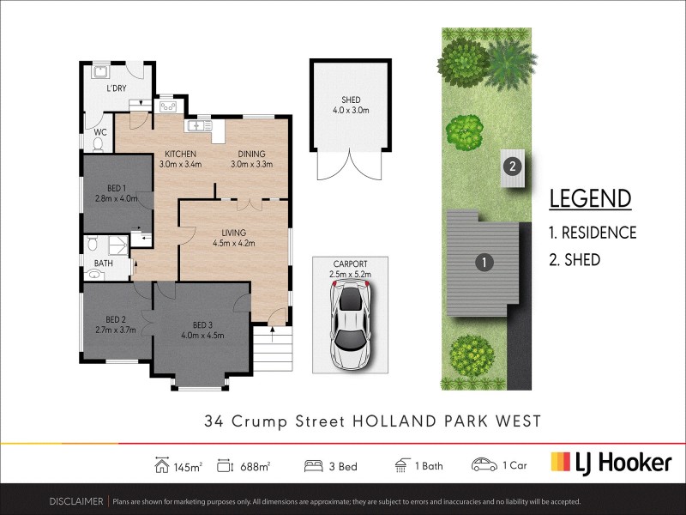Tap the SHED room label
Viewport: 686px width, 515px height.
coord(350,100)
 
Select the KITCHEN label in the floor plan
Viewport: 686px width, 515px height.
coord(181,154)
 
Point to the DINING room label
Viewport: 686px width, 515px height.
coord(251,154)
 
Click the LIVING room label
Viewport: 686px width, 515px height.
coord(233,233)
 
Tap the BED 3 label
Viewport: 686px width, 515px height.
coord(202,325)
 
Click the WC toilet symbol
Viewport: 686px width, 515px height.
coord(97,146)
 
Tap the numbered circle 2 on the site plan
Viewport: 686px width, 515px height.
coord(512,166)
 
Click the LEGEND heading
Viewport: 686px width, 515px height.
coord(590,198)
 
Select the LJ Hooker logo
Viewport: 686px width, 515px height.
coord(611,463)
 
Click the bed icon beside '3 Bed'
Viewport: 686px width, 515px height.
coord(314,465)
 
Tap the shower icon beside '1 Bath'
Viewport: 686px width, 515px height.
coord(401,465)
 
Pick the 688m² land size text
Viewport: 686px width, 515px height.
coord(255,466)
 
